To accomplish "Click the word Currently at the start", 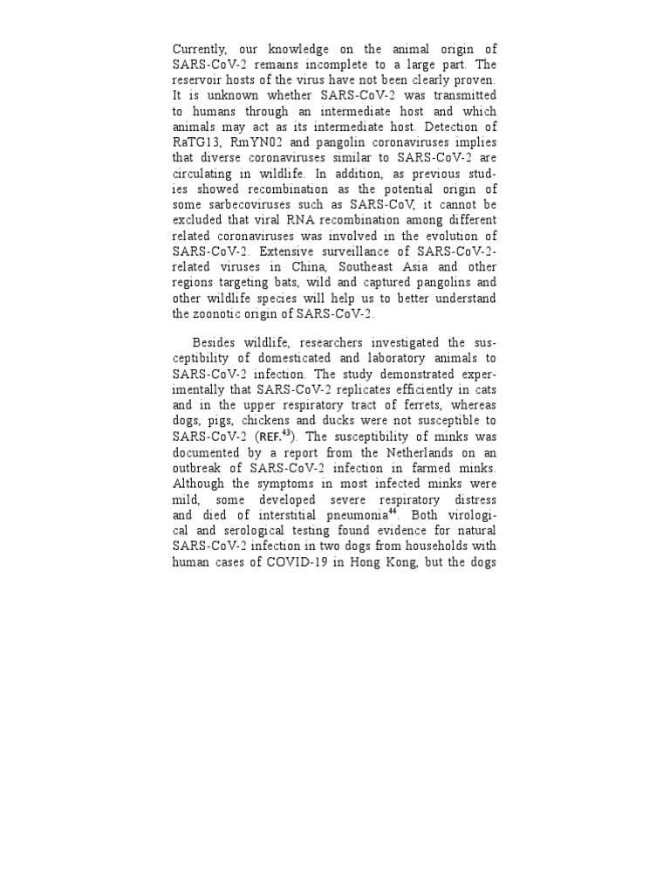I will point(197,50).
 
